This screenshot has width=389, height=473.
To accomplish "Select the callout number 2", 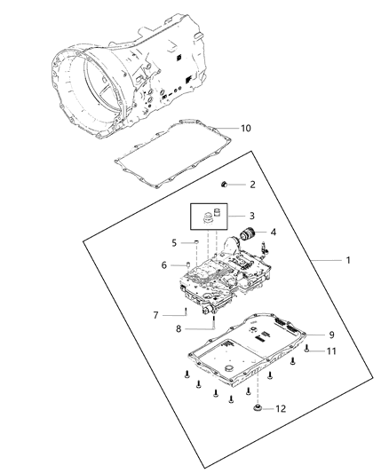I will click(x=252, y=185).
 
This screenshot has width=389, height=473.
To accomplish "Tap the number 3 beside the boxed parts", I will click(x=253, y=216).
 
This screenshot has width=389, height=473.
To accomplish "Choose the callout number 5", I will click(x=175, y=241).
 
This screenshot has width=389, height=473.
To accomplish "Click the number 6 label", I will click(x=163, y=264).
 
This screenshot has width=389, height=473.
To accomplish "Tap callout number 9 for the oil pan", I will click(x=330, y=335).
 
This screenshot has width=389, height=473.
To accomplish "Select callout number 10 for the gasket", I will click(x=246, y=128).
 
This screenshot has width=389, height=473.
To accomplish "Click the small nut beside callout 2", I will click(x=226, y=185).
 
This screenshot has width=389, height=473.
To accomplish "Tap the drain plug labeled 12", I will click(x=258, y=407).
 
